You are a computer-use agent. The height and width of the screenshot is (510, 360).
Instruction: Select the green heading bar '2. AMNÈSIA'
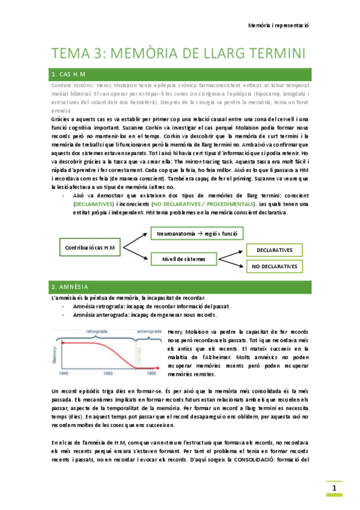pyautogui.click(x=180, y=286)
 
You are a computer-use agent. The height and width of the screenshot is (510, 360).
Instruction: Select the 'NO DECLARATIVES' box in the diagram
pyautogui.click(x=274, y=266)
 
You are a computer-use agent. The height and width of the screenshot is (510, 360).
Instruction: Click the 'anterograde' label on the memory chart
pyautogui.click(x=149, y=331)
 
